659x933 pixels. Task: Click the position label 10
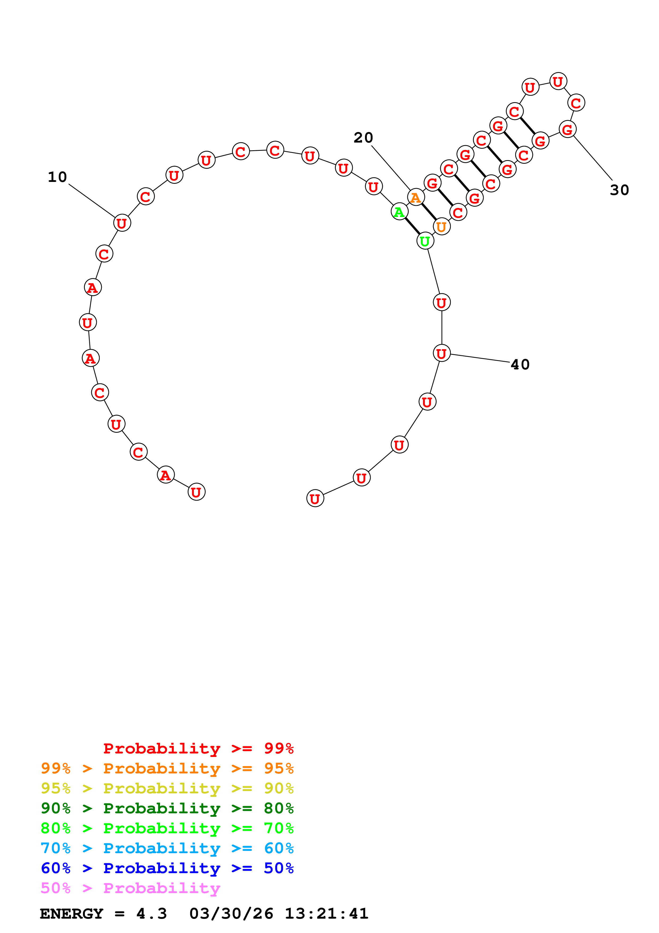(x=57, y=177)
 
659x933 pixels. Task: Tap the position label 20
(x=363, y=138)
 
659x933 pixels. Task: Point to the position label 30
(x=619, y=190)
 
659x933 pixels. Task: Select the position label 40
(x=520, y=365)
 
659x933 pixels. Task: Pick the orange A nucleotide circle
(x=416, y=198)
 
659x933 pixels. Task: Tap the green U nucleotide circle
(x=425, y=241)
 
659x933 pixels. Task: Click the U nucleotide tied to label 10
(x=122, y=223)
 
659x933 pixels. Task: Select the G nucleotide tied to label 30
(x=567, y=130)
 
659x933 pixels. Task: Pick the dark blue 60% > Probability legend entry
(x=167, y=868)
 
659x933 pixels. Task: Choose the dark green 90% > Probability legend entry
(x=167, y=808)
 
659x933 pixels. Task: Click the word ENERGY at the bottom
(x=72, y=914)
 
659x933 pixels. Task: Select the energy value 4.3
(x=152, y=914)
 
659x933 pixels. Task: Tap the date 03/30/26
(x=231, y=914)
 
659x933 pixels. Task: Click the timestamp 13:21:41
(x=326, y=914)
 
